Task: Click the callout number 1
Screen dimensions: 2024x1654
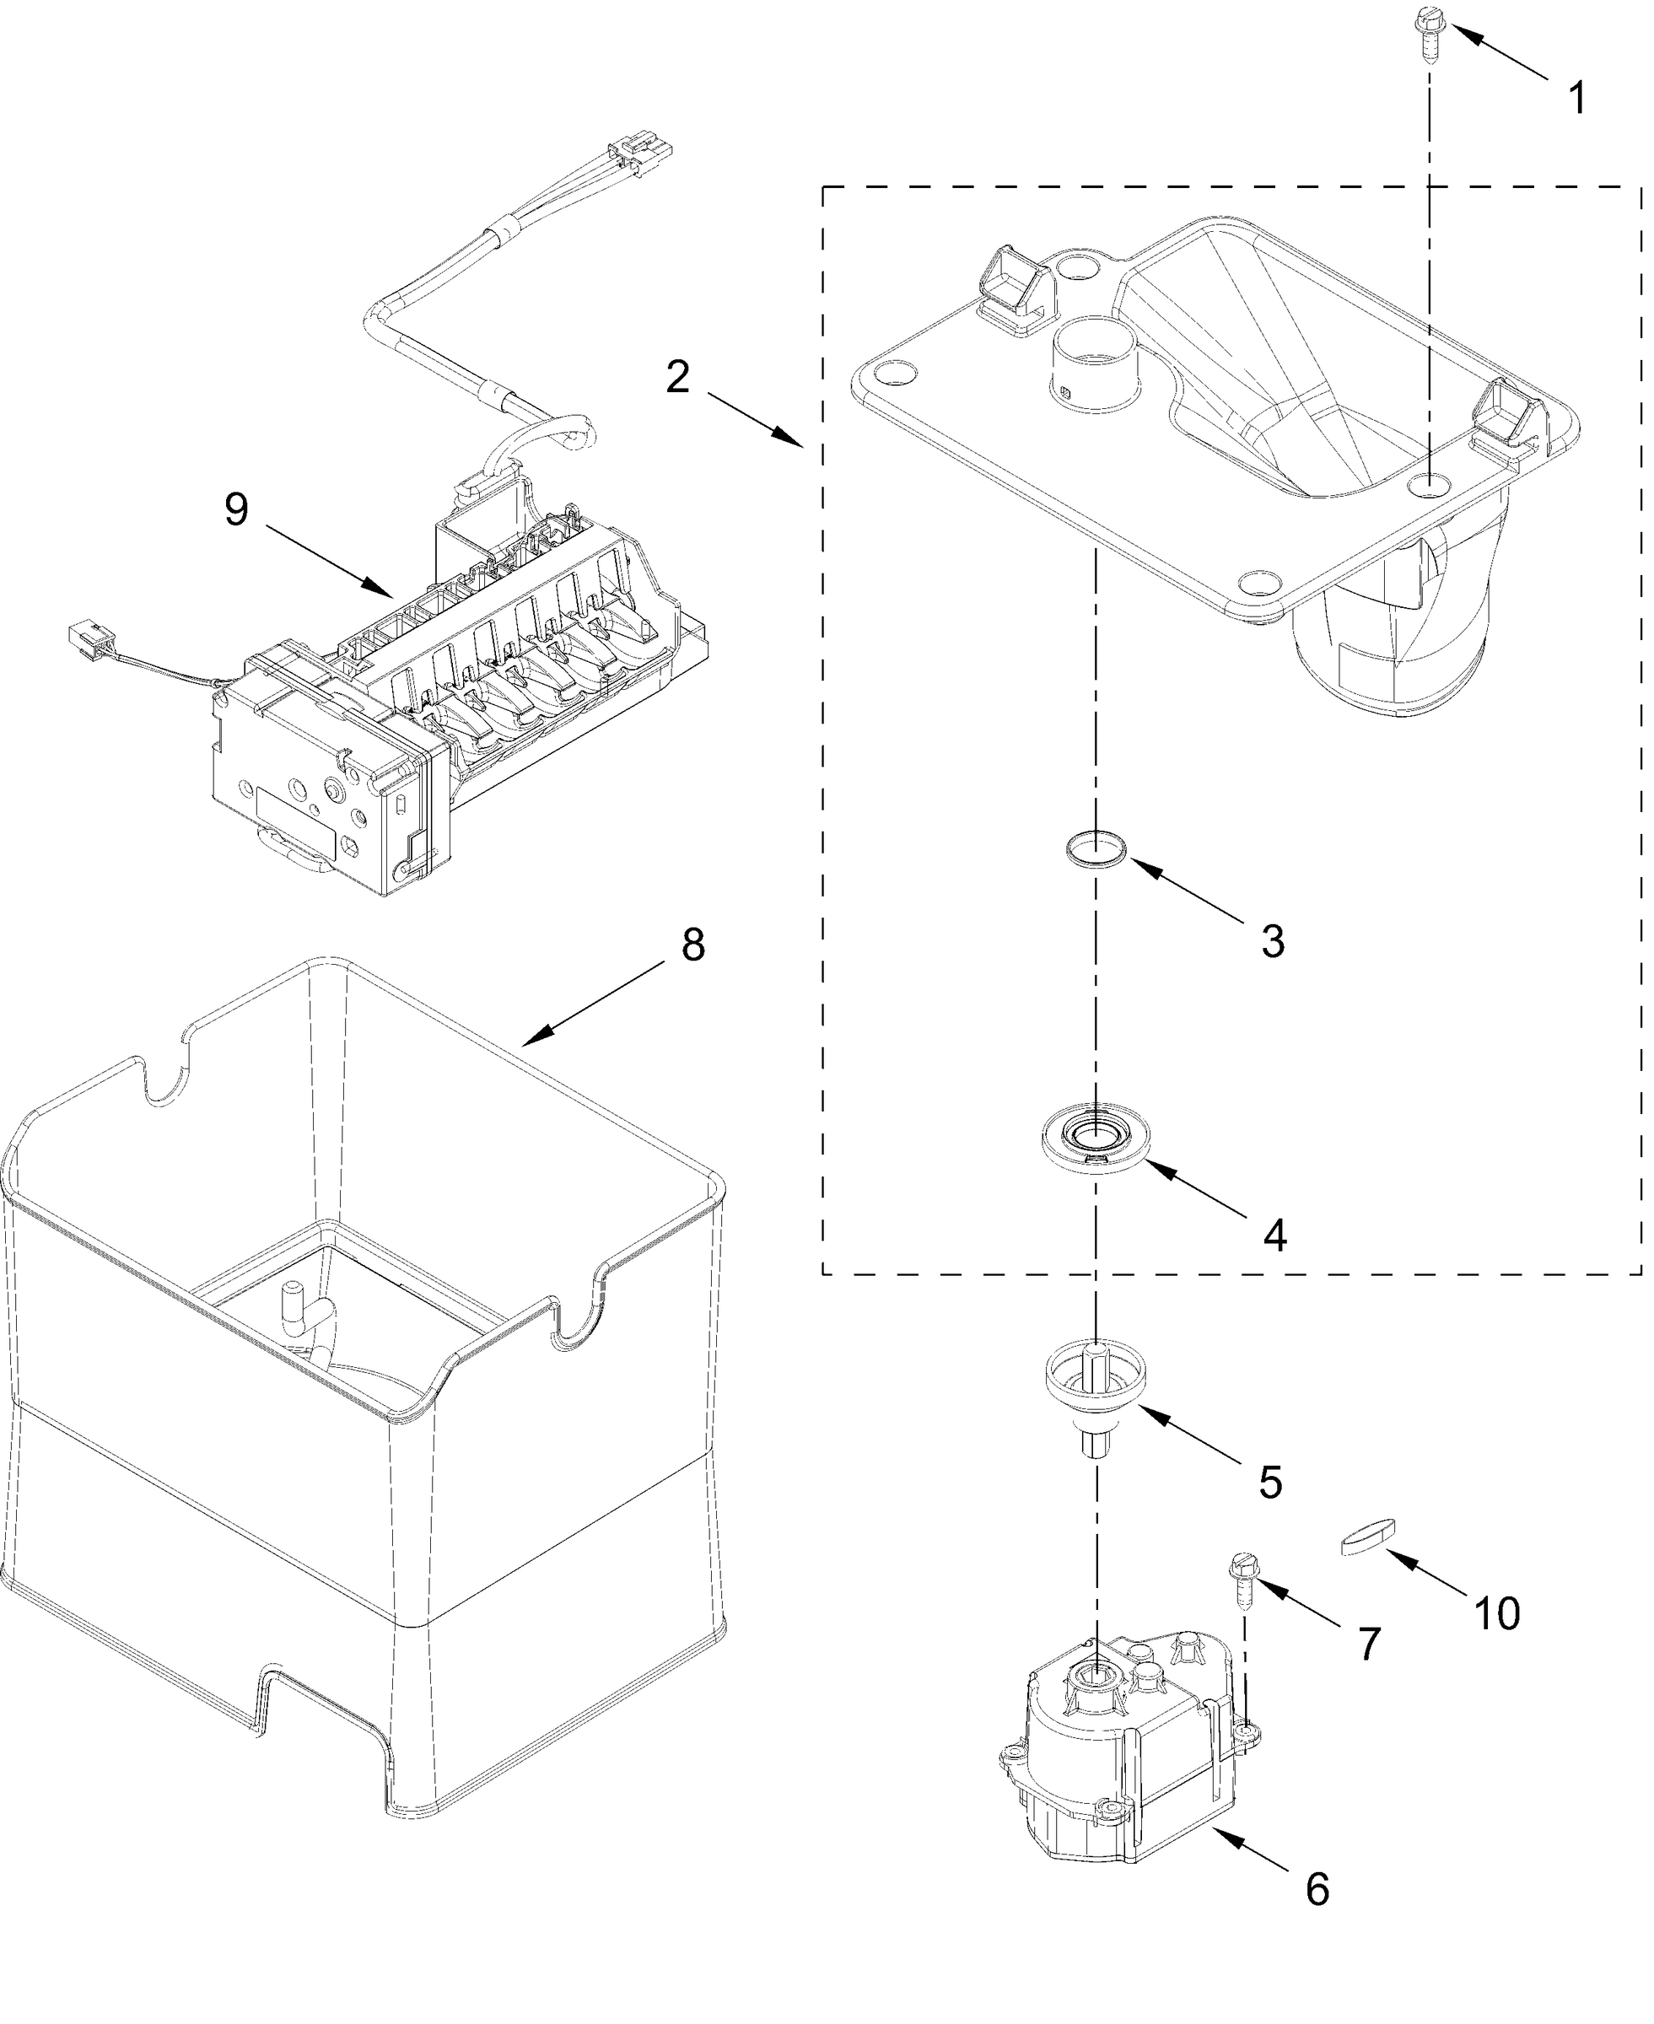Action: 1579,98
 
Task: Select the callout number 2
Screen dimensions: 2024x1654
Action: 677,378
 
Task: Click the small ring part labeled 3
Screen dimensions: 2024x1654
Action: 1095,847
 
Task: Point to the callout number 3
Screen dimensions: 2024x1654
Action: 1273,941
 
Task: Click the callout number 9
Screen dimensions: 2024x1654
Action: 236,509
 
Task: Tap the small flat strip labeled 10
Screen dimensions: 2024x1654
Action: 1367,1537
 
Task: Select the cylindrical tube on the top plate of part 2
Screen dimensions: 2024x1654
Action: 1095,365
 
